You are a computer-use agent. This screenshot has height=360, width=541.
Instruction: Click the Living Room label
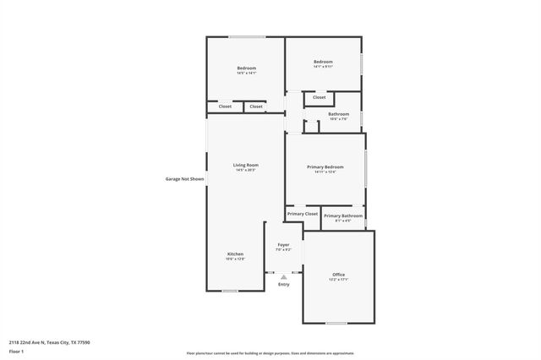[246, 165]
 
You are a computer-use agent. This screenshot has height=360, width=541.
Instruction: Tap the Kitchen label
[235, 254]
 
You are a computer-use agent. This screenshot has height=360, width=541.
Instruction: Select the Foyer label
[283, 245]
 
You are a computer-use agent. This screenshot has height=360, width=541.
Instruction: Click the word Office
[338, 275]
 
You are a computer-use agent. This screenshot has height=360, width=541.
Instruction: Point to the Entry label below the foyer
[283, 284]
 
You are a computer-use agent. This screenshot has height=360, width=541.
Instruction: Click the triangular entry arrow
[283, 276]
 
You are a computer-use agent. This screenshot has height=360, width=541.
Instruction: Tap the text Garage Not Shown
[184, 179]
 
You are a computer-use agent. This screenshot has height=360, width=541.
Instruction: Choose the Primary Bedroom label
[325, 167]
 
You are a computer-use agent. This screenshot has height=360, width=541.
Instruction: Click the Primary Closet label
[302, 215]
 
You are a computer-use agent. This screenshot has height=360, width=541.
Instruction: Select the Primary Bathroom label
[343, 215]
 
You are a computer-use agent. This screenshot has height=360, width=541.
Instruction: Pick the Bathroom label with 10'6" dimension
[338, 114]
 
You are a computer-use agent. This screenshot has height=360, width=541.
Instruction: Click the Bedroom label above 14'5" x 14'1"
[246, 68]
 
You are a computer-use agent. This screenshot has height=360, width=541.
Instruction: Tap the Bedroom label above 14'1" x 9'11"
[323, 62]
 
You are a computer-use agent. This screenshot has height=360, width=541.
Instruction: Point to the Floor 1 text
[16, 350]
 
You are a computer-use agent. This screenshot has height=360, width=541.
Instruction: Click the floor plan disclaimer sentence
[270, 353]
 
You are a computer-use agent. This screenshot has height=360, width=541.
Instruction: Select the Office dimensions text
[338, 280]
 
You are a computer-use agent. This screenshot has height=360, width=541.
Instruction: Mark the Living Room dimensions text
[246, 171]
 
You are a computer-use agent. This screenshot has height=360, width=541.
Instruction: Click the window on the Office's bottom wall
[336, 323]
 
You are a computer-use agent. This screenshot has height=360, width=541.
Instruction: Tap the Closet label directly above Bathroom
[319, 97]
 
